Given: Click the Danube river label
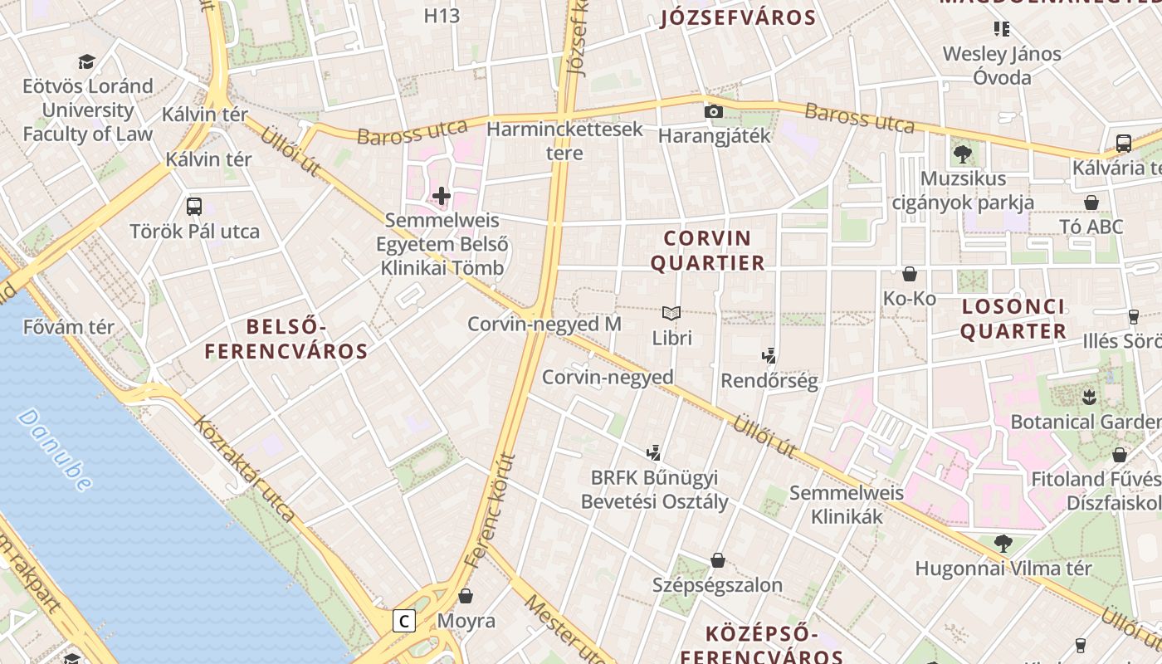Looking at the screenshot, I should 55,449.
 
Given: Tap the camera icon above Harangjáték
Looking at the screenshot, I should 713,111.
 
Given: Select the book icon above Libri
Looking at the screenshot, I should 671,313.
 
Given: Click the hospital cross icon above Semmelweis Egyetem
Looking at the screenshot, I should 441,196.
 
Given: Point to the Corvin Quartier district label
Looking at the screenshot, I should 707,251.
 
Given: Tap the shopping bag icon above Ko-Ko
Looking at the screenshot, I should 910,274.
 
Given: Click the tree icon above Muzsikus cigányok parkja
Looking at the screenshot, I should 963,154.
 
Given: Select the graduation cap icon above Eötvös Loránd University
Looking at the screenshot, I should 87,61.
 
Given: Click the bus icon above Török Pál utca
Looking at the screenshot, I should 194,207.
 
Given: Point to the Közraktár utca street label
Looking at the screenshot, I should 244,468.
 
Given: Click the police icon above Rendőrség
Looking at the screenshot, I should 769,356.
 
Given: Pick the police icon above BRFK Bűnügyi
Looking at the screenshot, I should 654,453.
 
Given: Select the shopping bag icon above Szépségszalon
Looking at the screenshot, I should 717,561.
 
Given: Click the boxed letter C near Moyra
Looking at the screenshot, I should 404,621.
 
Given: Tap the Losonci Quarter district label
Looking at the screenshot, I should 1013,319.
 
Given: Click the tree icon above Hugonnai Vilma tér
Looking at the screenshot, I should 1003,544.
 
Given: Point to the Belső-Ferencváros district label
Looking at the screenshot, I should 286,339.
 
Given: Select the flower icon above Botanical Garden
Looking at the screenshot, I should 1089,397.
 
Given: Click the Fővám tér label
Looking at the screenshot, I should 69,327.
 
